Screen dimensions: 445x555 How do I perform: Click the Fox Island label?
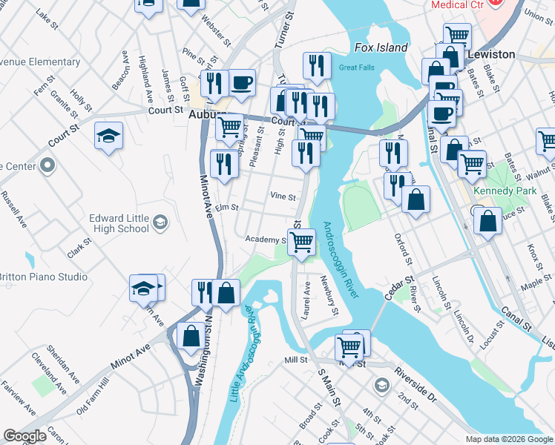[381, 47]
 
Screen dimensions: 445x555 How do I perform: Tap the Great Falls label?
[355, 67]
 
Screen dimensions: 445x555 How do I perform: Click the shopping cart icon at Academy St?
[301, 241]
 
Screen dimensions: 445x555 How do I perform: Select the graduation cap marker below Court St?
[108, 136]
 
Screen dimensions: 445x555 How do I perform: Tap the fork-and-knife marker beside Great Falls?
[317, 65]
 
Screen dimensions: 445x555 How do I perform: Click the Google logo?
[24, 436]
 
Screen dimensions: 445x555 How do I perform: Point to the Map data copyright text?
[508, 439]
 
